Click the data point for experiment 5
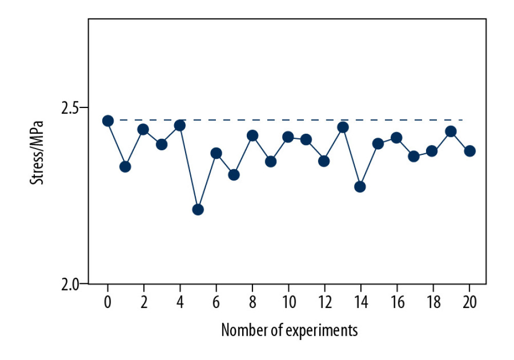point(198,209)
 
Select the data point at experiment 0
point(108,121)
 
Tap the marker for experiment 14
point(360,187)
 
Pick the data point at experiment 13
point(343,127)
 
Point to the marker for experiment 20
point(469,151)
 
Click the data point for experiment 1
point(125,167)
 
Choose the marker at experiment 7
point(234,175)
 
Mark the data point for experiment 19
point(451,131)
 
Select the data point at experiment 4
point(180,125)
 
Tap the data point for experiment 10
point(288,137)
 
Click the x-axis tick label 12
point(324,301)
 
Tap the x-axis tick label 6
point(216,301)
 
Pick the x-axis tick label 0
point(108,301)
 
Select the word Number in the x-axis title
point(241,329)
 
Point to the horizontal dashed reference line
point(288,120)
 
